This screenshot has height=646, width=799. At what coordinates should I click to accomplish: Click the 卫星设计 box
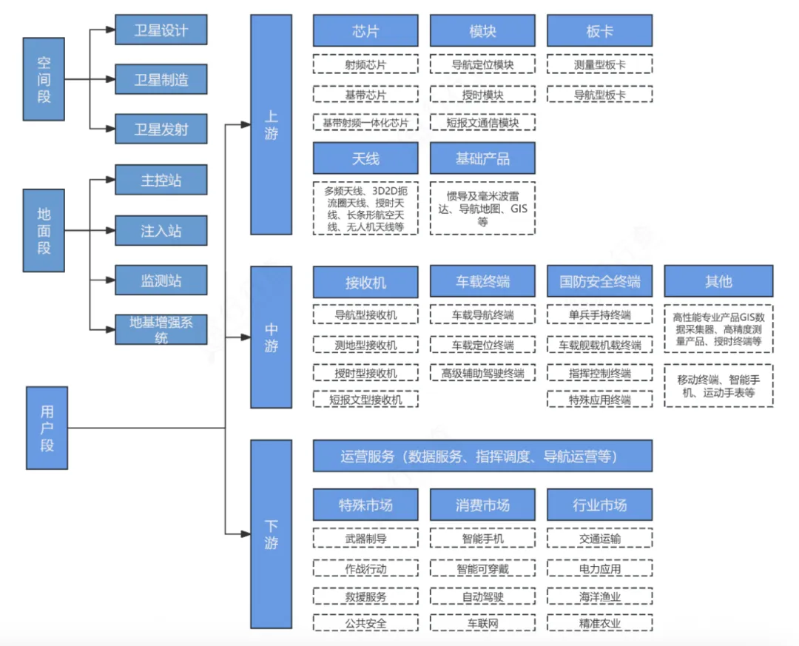point(161,30)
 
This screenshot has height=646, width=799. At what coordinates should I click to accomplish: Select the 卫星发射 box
point(161,129)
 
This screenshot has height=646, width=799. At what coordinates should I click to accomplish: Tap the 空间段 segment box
point(44,80)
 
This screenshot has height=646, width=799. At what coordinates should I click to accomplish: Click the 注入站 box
point(161,231)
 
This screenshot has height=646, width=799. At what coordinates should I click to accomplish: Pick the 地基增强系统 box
point(161,329)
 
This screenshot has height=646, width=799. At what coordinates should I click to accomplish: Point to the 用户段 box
point(47,428)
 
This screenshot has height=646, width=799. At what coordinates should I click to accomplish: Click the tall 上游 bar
point(271,124)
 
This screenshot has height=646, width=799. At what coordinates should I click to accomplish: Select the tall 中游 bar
point(271,337)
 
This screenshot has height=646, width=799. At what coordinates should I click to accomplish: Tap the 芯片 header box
point(365,31)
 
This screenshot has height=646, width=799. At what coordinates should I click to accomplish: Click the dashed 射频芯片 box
point(365,64)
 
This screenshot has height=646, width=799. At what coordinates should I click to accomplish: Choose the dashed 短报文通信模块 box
point(482,122)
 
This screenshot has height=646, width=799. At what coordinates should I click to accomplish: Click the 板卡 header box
point(599,31)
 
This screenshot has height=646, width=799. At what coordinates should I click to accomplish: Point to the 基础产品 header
point(482,158)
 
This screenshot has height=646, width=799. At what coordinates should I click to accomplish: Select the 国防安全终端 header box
point(599,282)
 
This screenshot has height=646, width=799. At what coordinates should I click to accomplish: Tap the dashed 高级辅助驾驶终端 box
point(482,373)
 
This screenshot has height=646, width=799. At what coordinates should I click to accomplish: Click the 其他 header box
point(718,282)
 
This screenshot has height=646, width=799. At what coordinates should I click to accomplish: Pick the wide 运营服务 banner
point(482,457)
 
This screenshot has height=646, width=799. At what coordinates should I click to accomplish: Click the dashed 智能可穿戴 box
point(482,569)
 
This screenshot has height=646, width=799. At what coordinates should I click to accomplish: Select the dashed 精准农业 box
point(599,623)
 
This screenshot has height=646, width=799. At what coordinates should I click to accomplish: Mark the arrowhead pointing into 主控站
point(110,179)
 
